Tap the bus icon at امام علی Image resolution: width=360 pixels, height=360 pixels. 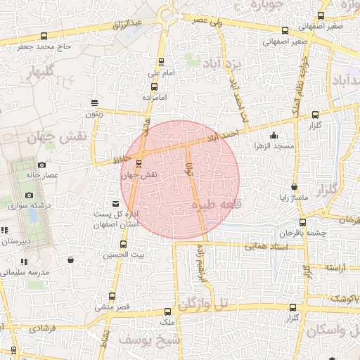click(x=162, y=62)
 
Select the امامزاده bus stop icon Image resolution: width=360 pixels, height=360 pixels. click(x=154, y=87)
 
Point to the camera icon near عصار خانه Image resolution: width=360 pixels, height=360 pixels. click(x=41, y=165)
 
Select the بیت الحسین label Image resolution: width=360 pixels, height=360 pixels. click(x=129, y=253)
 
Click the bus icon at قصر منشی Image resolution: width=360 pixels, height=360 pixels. click(x=112, y=297)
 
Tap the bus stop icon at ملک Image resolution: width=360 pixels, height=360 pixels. click(x=167, y=311)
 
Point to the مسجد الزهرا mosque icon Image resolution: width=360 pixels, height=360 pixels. click(x=274, y=136)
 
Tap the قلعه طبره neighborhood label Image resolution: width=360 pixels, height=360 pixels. click(x=214, y=205)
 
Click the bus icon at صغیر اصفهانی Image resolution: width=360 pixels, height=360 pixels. click(x=285, y=30)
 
